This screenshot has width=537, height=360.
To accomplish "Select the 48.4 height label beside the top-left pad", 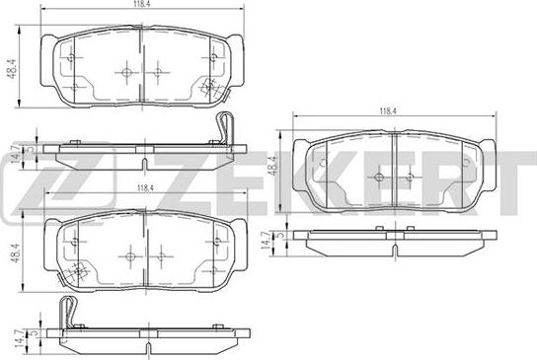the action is coord(12,69).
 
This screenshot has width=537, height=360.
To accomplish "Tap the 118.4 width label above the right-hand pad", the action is coord(387,111).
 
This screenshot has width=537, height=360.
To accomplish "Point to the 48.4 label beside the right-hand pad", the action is coord(273,166).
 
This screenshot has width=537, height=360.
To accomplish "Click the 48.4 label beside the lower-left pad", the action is coord(16,252).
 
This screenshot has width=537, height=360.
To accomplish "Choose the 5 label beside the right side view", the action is coord(280,235).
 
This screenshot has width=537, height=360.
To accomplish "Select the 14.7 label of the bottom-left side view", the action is coord(19,338).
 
